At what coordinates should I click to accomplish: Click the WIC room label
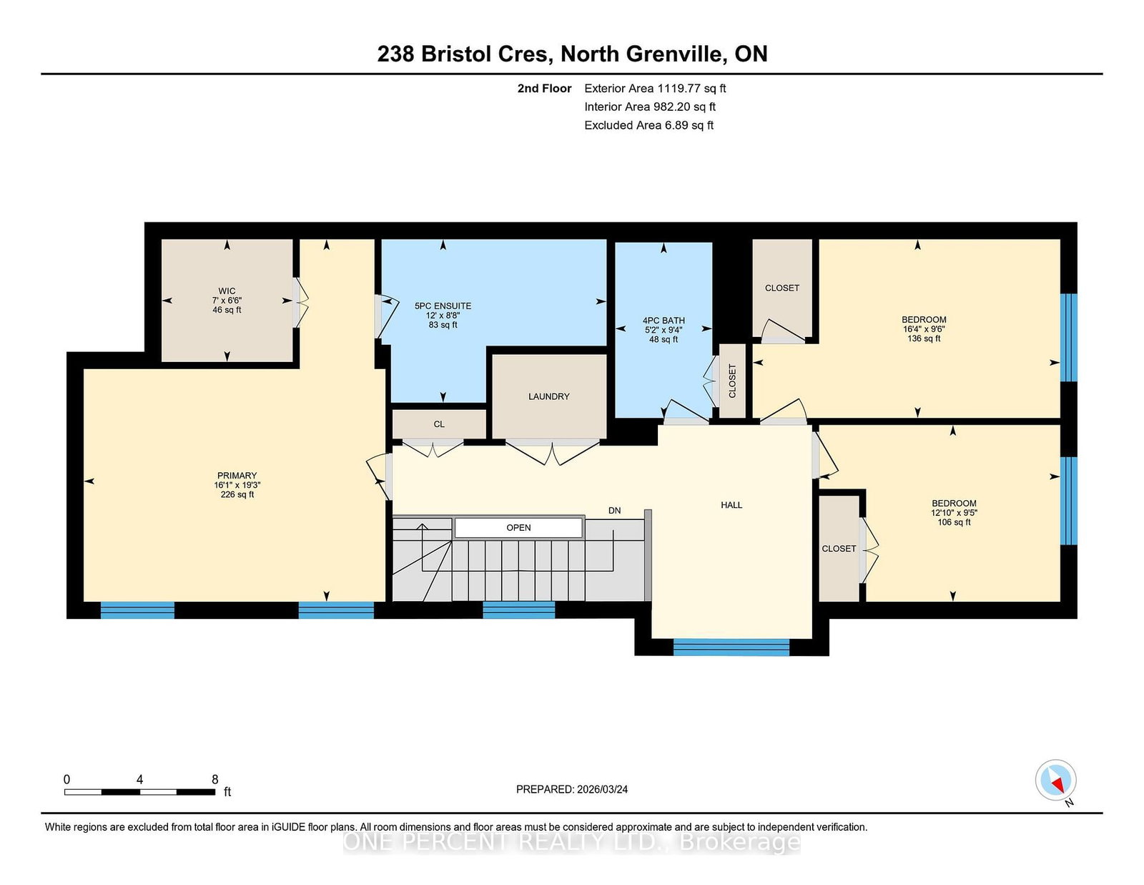click(x=227, y=290)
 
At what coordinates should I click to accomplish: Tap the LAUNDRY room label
click(x=548, y=396)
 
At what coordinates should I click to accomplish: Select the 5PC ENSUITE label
click(x=443, y=305)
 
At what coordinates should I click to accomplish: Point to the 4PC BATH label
click(x=664, y=321)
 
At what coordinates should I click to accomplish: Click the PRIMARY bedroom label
click(x=237, y=475)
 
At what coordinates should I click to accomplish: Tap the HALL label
click(x=731, y=504)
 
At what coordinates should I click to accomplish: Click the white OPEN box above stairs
click(x=518, y=527)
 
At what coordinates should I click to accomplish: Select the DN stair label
click(x=614, y=510)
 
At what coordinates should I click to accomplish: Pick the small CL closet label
click(x=439, y=424)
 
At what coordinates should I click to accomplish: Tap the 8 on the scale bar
click(x=214, y=779)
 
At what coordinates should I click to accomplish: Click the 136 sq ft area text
click(x=923, y=338)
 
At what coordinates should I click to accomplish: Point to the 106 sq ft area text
click(x=953, y=522)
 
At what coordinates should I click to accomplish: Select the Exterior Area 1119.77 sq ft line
click(x=655, y=89)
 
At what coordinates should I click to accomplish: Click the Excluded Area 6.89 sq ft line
click(x=649, y=125)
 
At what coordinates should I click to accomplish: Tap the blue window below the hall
click(x=731, y=647)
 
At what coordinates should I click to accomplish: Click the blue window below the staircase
click(x=518, y=610)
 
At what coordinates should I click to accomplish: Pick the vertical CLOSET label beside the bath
click(x=732, y=381)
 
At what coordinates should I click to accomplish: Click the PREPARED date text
click(x=572, y=789)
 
